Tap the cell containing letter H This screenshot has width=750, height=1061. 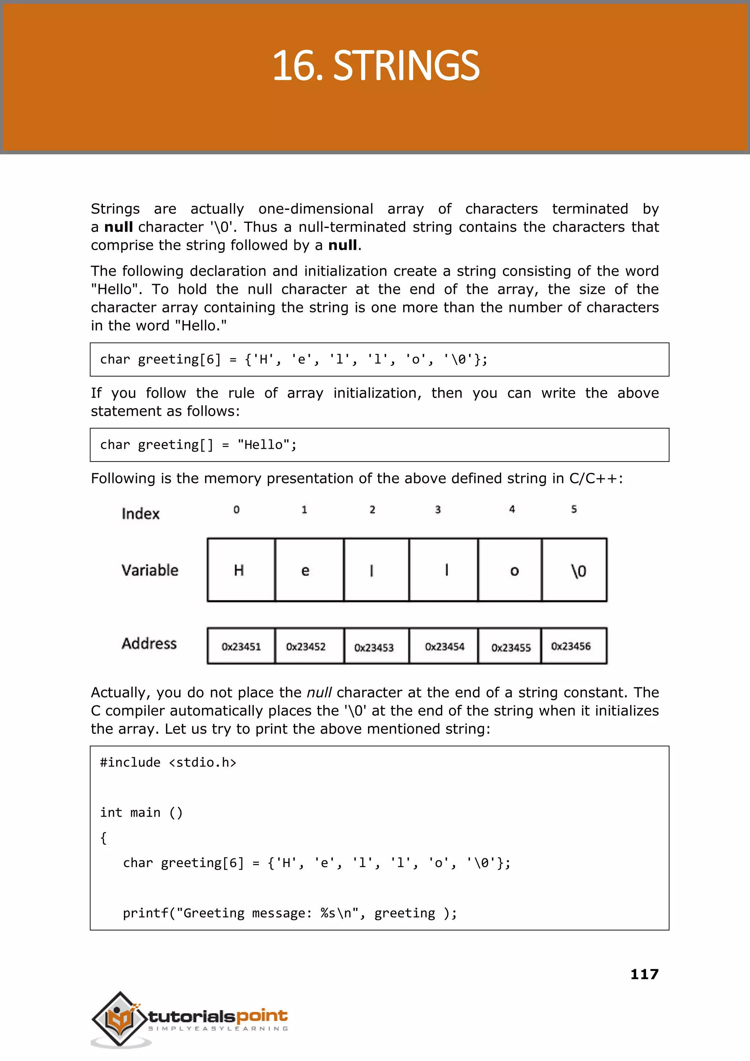[x=241, y=570]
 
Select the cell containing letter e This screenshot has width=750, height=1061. [x=309, y=570]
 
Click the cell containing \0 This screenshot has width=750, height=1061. [x=575, y=570]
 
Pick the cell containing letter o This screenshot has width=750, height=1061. [x=510, y=570]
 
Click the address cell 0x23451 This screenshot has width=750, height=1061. [x=241, y=646]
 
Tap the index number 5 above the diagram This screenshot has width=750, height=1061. [x=573, y=509]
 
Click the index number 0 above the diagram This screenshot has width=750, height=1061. [x=237, y=510]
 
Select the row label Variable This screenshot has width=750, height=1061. [x=150, y=570]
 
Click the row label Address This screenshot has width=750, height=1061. [x=149, y=643]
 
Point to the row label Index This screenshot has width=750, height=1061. [x=140, y=514]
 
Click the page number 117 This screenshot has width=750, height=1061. [x=644, y=974]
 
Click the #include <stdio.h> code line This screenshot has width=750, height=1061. [x=168, y=762]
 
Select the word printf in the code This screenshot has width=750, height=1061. [x=145, y=913]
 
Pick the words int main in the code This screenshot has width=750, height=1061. [x=130, y=813]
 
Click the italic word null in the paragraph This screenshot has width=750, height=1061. [x=319, y=693]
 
